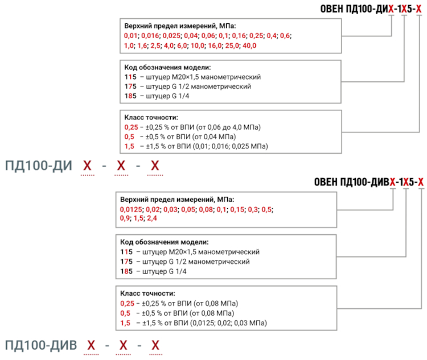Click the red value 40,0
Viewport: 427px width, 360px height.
point(249,45)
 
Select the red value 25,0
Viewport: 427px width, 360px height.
point(232,45)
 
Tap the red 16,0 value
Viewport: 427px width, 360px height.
point(215,45)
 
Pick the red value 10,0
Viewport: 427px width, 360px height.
point(198,45)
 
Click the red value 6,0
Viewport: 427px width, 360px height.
point(182,45)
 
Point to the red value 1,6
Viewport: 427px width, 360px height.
point(142,45)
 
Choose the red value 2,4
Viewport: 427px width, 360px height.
point(151,218)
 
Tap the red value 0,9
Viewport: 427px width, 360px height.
point(125,218)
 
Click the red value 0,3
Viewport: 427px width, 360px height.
point(253,209)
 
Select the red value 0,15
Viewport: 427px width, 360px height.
point(237,209)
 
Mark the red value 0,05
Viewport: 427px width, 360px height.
point(188,209)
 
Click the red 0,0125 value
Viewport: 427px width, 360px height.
point(131,209)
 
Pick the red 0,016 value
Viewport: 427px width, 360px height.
point(150,36)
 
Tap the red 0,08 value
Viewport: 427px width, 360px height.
point(206,209)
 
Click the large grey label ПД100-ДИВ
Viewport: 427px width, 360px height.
point(41,345)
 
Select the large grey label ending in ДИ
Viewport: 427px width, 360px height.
point(39,165)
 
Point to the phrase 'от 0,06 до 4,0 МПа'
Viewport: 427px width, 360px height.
point(228,127)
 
